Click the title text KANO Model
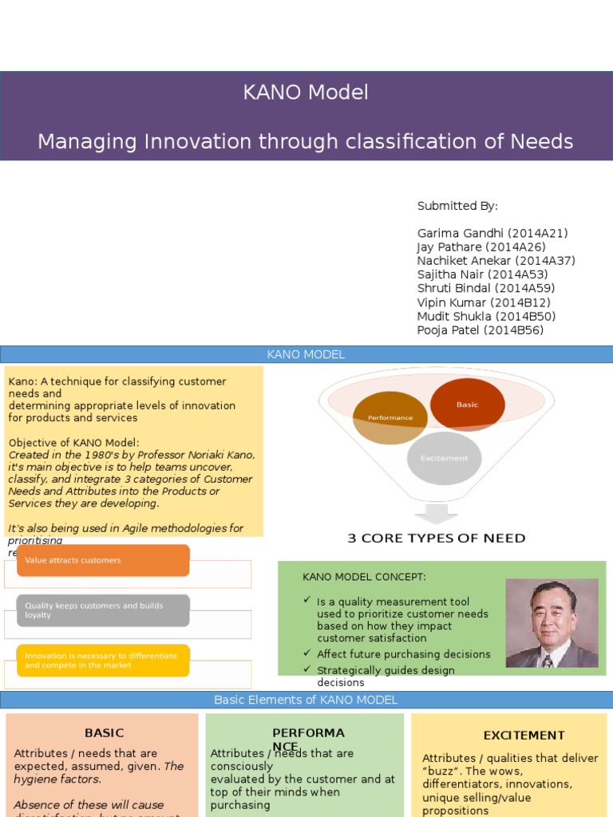(x=306, y=93)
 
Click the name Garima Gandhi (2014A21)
(x=492, y=234)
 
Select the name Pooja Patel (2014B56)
(x=480, y=330)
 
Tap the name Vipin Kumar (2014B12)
(x=484, y=303)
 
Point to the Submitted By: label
(x=457, y=206)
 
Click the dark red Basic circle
(x=467, y=405)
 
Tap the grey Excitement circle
(x=444, y=458)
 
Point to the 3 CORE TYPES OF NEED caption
(x=437, y=539)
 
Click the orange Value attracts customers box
(x=103, y=560)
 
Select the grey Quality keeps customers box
(x=103, y=610)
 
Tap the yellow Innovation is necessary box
(x=103, y=661)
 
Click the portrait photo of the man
(x=552, y=623)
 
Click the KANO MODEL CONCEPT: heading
(x=364, y=577)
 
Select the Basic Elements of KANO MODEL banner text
(x=306, y=700)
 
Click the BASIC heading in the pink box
(x=104, y=733)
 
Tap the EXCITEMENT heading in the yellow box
(x=524, y=736)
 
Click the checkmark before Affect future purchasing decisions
(x=307, y=653)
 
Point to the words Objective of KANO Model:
(x=73, y=443)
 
